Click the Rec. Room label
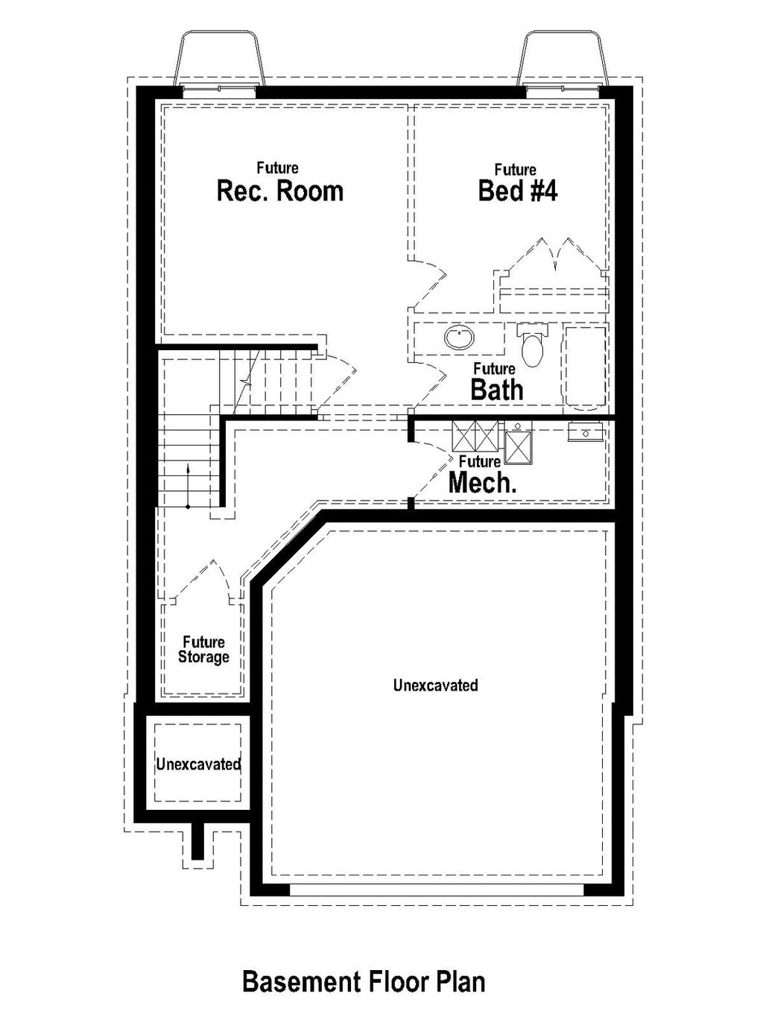tap(279, 191)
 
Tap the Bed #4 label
tap(517, 191)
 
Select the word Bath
tap(496, 389)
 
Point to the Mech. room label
tap(482, 483)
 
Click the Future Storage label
tap(203, 650)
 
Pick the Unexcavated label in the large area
tap(435, 685)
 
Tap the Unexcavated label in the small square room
tap(197, 764)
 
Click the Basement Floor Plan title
tap(364, 981)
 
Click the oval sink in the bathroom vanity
tap(459, 338)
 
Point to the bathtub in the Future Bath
tap(584, 367)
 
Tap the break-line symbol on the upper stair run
tap(247, 381)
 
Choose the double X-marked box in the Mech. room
tap(475, 436)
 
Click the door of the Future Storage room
tap(203, 581)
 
